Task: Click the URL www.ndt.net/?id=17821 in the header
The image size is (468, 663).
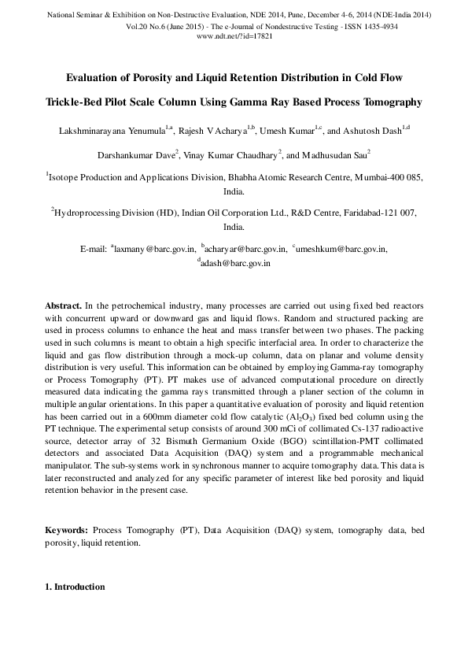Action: pyautogui.click(x=234, y=36)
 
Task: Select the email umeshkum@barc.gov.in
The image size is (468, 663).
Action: pyautogui.click(x=342, y=249)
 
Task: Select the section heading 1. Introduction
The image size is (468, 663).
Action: pyautogui.click(x=74, y=587)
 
